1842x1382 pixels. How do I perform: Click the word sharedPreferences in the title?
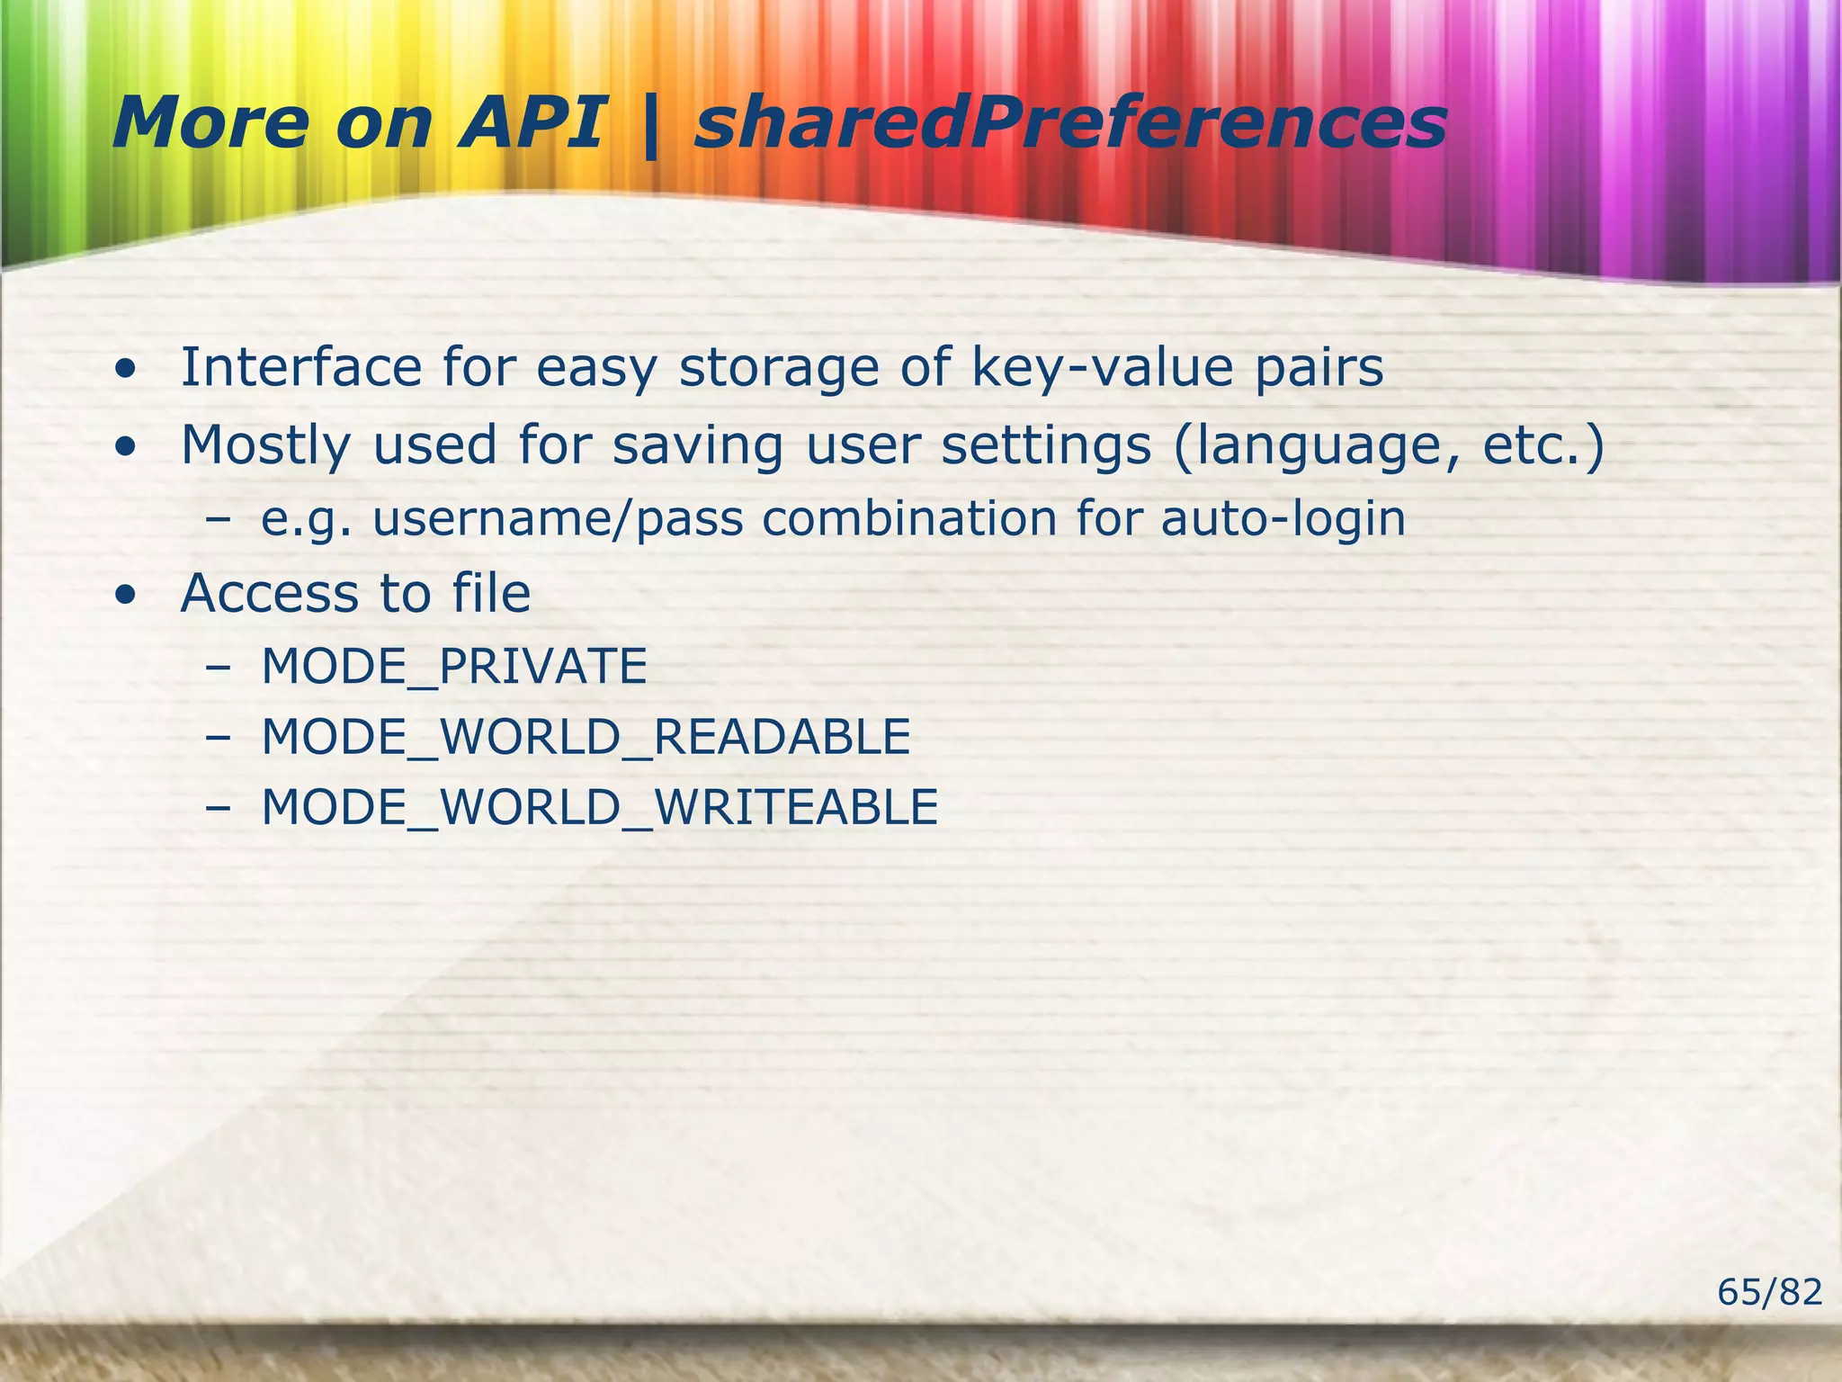pyautogui.click(x=1070, y=124)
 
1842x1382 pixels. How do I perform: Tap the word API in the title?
pyautogui.click(x=531, y=124)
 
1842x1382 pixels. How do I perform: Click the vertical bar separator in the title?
pyautogui.click(x=649, y=126)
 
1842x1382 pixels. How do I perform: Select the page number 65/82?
pyautogui.click(x=1769, y=1292)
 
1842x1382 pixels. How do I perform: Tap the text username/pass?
pyautogui.click(x=558, y=520)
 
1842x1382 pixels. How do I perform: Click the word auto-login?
pyautogui.click(x=1283, y=520)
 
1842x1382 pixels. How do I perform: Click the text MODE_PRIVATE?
pyautogui.click(x=454, y=667)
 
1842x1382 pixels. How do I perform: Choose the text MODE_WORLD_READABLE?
pyautogui.click(x=586, y=737)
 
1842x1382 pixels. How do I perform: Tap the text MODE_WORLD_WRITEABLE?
pyautogui.click(x=600, y=807)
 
